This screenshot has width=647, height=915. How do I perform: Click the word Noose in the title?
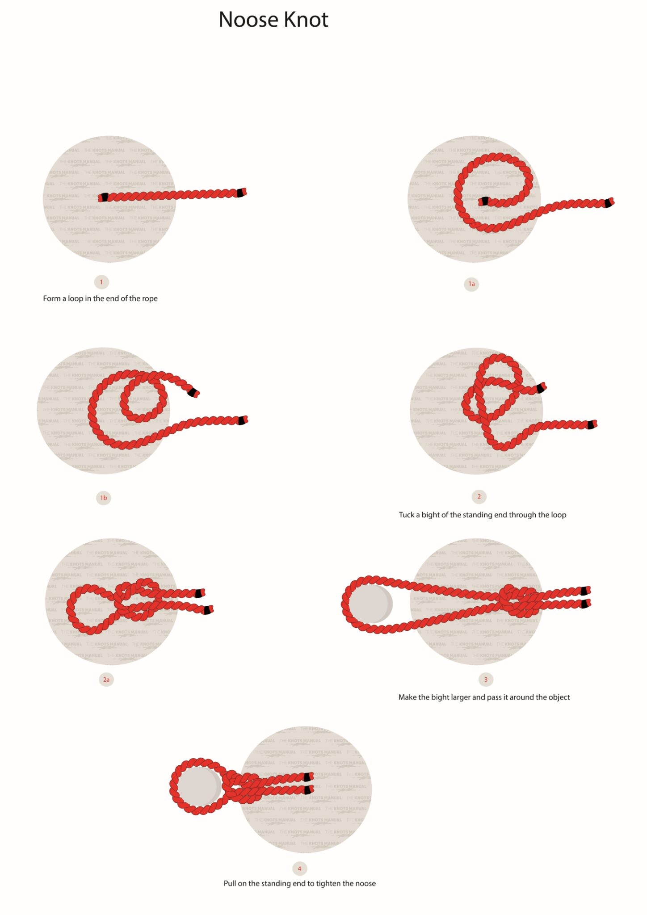248,20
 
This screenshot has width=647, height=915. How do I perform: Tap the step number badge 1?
101,282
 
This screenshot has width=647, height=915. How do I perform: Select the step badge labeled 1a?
471,284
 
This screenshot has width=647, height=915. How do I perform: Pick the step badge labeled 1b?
103,498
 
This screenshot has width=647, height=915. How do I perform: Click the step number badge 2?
479,496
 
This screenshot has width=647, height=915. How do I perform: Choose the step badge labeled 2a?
106,680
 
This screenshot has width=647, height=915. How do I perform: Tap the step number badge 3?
486,680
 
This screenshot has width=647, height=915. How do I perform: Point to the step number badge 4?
299,869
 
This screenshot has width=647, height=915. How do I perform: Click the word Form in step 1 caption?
51,298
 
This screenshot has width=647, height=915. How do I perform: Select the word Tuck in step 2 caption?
406,515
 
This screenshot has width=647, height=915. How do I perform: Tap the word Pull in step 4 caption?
230,883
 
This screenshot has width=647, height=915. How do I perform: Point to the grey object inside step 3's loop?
370,604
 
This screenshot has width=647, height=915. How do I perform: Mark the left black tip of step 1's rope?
104,197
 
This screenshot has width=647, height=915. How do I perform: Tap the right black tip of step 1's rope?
241,193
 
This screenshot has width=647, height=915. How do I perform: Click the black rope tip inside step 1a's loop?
484,201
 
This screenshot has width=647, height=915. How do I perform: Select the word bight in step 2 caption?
431,515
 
